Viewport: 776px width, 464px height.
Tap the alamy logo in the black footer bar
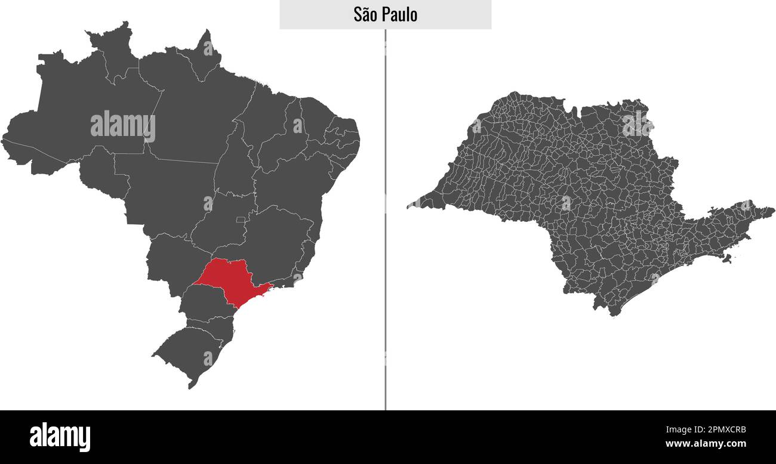60,437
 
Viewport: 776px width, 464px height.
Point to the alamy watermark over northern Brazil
123,126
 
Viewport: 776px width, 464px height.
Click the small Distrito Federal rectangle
241,220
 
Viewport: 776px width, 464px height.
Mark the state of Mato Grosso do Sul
170,262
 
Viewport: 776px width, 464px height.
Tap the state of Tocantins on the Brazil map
236,161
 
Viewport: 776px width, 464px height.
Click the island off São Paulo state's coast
726,258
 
